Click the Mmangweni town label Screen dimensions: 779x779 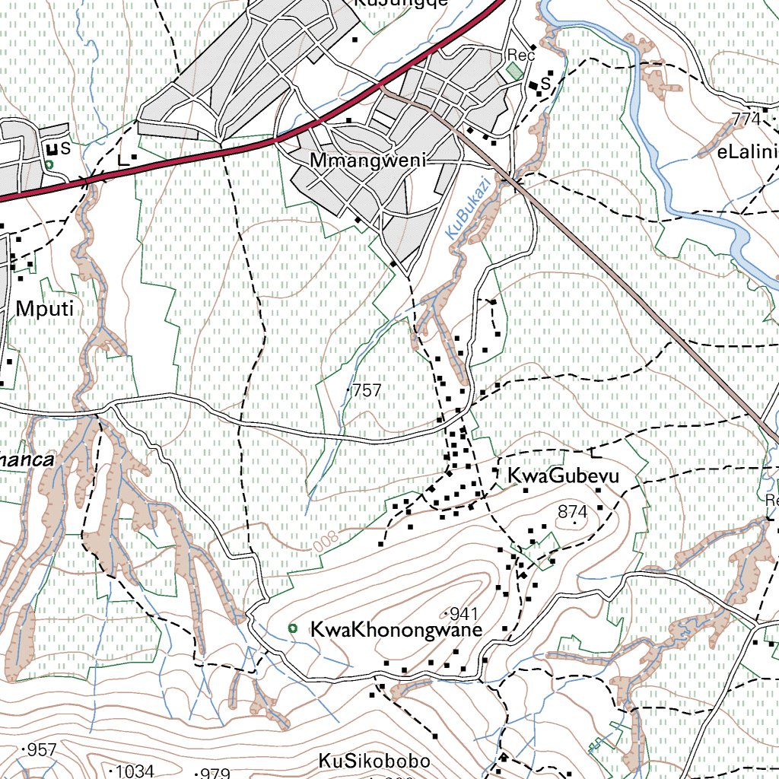tap(367, 161)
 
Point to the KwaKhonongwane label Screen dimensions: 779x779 tap(396, 630)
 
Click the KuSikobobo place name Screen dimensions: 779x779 tap(374, 761)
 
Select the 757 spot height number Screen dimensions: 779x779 tap(367, 390)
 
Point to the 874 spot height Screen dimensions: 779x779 tap(573, 512)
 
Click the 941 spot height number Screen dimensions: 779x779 tap(462, 613)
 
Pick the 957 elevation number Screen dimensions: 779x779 tap(41, 751)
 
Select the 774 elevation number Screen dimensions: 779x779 tap(746, 119)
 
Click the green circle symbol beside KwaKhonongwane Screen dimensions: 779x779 tap(292, 628)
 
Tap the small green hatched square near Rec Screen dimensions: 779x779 tap(516, 71)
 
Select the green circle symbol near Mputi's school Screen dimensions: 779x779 tap(49, 164)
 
